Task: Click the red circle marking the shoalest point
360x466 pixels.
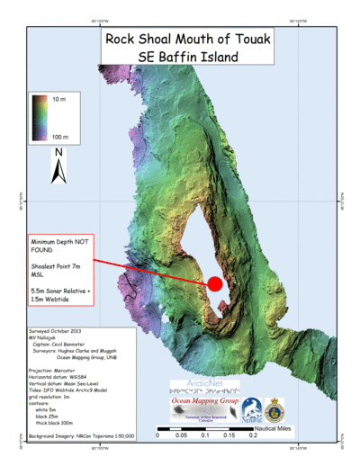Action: point(215,284)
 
